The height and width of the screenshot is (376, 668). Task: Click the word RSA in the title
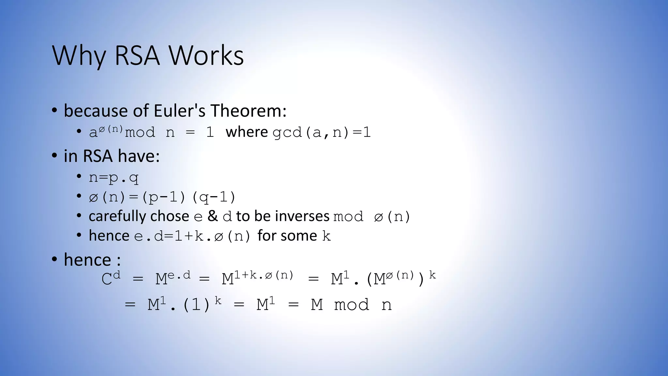coord(137,55)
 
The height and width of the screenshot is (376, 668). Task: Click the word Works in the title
coord(206,55)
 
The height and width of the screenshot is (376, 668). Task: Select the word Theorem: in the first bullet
coord(249,111)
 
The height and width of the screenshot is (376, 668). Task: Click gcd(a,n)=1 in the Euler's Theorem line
coord(322,133)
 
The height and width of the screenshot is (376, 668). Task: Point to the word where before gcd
coord(247,132)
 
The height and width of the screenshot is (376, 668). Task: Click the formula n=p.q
coord(114,178)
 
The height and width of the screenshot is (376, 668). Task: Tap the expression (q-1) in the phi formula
coord(214,197)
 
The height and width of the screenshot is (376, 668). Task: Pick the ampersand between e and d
coord(213,216)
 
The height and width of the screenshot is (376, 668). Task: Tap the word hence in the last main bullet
coord(87,260)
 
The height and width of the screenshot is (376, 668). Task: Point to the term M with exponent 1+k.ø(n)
coord(258,278)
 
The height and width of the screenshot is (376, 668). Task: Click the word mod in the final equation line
coord(352,305)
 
